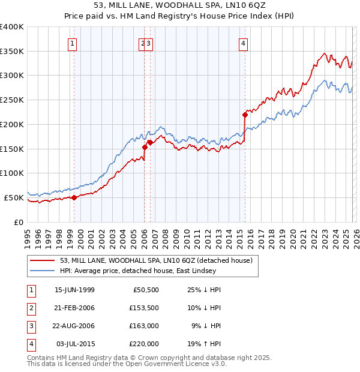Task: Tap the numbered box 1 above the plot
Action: [73, 43]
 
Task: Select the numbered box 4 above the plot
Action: [243, 43]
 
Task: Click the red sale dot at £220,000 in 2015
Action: [245, 114]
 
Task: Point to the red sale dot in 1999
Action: [74, 197]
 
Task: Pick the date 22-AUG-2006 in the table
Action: [74, 326]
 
